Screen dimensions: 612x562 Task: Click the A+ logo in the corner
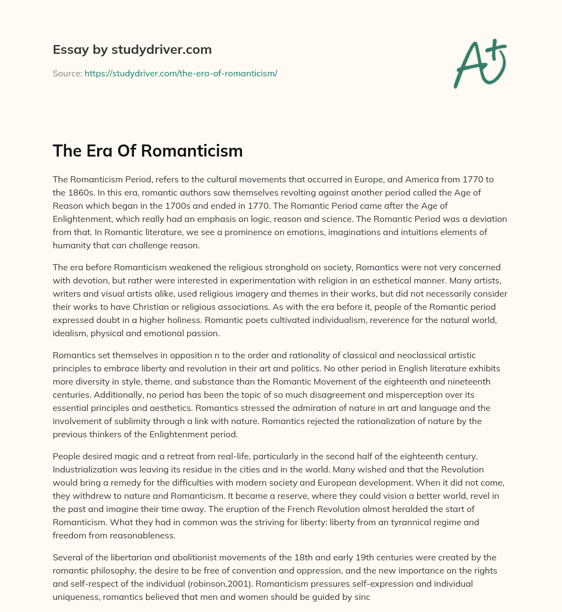pos(480,63)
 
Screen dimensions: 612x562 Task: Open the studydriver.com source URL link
pos(181,73)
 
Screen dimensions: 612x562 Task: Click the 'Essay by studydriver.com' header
pos(132,49)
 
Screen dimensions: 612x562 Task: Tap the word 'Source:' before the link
pos(67,73)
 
